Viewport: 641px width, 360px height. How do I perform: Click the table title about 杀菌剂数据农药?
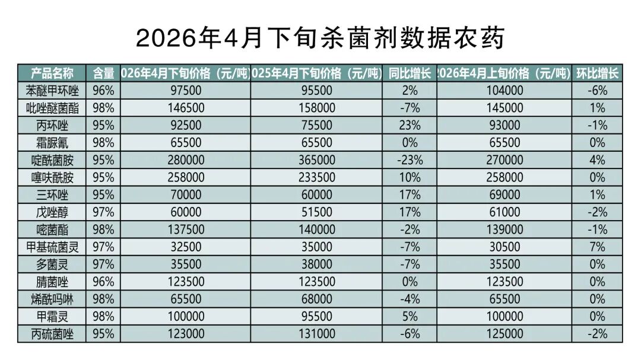coord(320,39)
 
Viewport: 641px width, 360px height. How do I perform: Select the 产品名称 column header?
coord(52,74)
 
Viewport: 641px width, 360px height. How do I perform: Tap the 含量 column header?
coord(103,74)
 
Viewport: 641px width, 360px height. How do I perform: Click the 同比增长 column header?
coord(410,74)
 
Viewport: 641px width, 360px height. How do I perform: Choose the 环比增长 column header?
coord(597,74)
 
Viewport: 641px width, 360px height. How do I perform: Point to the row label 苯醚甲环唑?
coord(52,91)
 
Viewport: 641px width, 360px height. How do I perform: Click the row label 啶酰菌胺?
coord(52,160)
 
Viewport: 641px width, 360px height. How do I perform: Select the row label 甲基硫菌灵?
coord(52,247)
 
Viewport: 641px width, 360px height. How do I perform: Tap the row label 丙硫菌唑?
coord(52,334)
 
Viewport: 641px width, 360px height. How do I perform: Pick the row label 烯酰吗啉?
coord(52,299)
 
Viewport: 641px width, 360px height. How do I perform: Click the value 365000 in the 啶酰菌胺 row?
coord(316,160)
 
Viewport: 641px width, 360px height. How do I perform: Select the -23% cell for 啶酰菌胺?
coord(410,160)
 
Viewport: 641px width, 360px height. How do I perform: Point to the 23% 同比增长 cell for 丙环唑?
coord(410,125)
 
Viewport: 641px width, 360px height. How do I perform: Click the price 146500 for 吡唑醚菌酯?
coord(185,108)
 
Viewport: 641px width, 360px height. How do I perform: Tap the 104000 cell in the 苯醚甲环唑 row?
coord(504,91)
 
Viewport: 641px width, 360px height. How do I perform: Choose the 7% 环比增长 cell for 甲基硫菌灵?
coord(597,247)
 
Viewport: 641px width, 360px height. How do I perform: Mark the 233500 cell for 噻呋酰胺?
coord(316,177)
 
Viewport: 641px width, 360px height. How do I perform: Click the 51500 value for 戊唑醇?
coord(316,212)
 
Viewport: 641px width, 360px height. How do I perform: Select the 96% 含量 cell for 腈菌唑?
coord(103,282)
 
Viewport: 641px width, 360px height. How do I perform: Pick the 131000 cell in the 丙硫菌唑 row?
coord(316,334)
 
